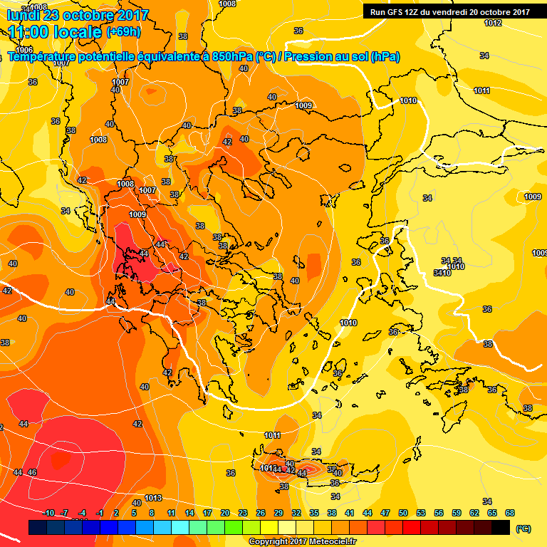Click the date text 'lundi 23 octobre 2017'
78,15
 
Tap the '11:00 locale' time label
55,32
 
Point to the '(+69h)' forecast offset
123,32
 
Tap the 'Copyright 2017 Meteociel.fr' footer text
302,541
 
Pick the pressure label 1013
153,498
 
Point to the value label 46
32,472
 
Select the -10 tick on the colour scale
48,513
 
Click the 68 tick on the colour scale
510,513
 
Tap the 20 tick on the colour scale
225,513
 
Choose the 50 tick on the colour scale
403,513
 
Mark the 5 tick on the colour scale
134,513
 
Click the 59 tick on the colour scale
457,513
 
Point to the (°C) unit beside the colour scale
523,528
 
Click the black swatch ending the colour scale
501,527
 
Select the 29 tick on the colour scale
278,513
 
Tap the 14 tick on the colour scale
189,513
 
